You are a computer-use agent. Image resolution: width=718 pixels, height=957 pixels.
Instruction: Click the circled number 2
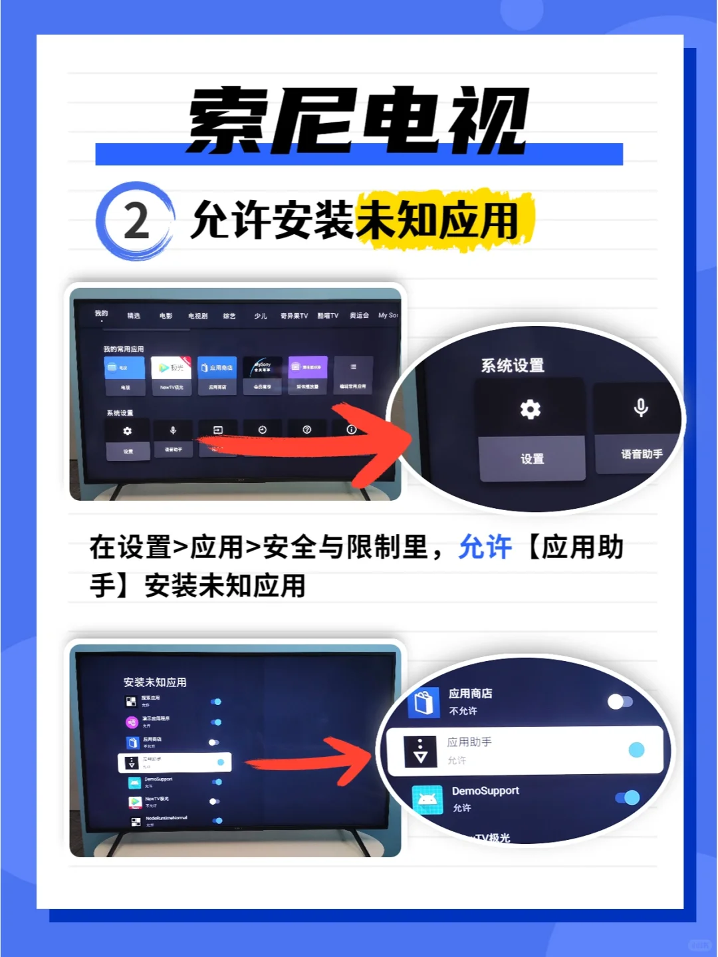[x=136, y=221]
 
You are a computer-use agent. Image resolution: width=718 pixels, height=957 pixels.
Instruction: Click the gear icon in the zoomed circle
[x=530, y=409]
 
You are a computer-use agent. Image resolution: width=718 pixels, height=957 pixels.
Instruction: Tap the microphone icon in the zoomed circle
[x=640, y=407]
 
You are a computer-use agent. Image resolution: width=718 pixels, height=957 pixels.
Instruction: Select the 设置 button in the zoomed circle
[x=532, y=459]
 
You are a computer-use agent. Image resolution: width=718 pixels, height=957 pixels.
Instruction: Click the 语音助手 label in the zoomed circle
[x=642, y=454]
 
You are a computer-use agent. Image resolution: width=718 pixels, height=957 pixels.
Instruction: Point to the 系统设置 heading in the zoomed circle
[x=513, y=365]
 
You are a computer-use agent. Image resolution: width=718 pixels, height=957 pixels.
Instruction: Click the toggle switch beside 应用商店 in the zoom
[x=620, y=702]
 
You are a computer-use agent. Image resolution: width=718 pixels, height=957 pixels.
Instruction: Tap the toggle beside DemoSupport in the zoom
[x=628, y=797]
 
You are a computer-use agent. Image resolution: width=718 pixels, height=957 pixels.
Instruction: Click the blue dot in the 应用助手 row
[x=636, y=750]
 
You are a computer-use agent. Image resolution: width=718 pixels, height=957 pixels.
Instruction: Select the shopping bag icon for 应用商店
[x=424, y=702]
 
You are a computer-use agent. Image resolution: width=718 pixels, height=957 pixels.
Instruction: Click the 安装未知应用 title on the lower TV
[x=155, y=682]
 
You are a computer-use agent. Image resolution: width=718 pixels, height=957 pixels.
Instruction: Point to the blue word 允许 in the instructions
[x=485, y=547]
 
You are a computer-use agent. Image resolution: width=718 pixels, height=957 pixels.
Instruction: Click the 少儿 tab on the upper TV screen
[x=261, y=316]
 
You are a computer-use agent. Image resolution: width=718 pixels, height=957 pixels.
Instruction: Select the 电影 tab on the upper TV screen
[x=166, y=316]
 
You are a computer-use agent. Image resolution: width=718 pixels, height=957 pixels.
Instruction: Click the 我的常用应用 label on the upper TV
[x=124, y=349]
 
